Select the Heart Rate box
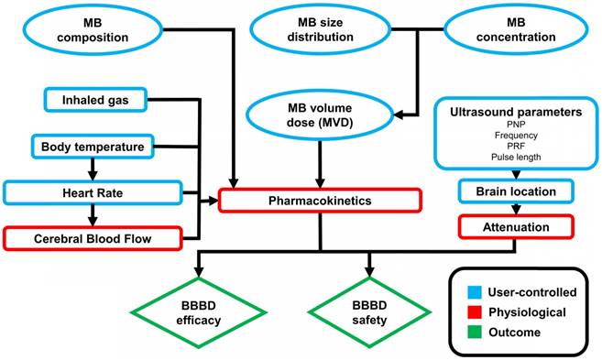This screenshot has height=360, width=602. click(x=92, y=192)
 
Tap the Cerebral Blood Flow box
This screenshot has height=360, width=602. click(x=92, y=238)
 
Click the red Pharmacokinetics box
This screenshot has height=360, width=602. click(x=321, y=199)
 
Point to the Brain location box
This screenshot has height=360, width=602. click(x=516, y=191)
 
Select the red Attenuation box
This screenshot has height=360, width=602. click(x=516, y=225)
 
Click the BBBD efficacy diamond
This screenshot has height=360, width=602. click(x=197, y=314)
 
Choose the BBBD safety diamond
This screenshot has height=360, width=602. click(x=370, y=314)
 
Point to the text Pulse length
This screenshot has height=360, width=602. click(x=516, y=157)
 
